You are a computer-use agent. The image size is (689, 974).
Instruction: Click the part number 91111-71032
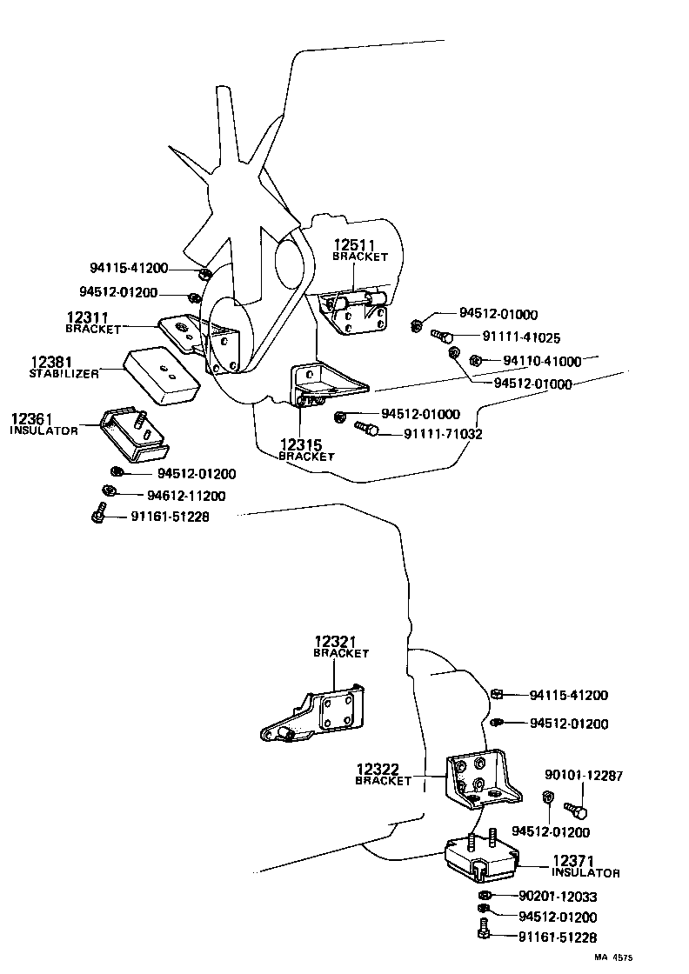pyautogui.click(x=443, y=433)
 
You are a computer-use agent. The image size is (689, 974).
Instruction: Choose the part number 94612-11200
pyautogui.click(x=186, y=496)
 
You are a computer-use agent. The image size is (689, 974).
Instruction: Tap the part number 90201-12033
pyautogui.click(x=558, y=896)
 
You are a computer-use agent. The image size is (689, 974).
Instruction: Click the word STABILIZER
pyautogui.click(x=64, y=373)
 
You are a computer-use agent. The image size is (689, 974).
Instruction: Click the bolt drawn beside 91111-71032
pyautogui.click(x=365, y=427)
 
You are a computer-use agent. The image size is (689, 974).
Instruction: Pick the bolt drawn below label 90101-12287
pyautogui.click(x=576, y=811)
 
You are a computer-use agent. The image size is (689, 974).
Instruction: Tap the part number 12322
pyautogui.click(x=378, y=770)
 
